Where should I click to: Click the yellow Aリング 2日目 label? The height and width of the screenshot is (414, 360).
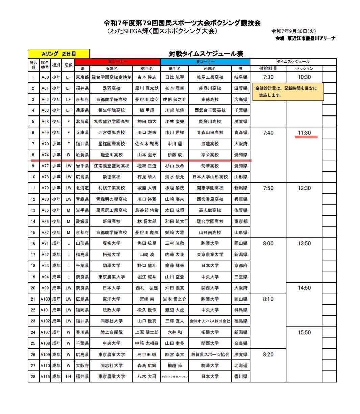pyautogui.click(x=59, y=54)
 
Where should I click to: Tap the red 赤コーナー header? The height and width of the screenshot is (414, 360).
pyautogui.click(x=118, y=62)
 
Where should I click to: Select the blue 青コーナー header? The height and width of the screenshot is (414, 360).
pyautogui.click(x=205, y=62)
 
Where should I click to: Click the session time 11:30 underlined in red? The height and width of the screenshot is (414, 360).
pyautogui.click(x=304, y=133)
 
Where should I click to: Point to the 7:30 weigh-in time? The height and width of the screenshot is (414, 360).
pyautogui.click(x=268, y=77)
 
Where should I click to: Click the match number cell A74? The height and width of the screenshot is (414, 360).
pyautogui.click(x=45, y=155)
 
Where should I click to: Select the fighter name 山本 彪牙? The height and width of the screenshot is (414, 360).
pyautogui.click(x=147, y=155)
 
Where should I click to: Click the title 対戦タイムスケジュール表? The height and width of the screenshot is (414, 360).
pyautogui.click(x=206, y=54)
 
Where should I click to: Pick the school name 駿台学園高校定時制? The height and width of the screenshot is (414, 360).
pyautogui.click(x=111, y=77)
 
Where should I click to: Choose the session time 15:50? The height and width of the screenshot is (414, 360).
pyautogui.click(x=304, y=333)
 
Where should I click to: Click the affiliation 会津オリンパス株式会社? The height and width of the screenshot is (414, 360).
pyautogui.click(x=210, y=321)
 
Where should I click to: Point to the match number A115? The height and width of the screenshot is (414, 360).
pyautogui.click(x=45, y=377)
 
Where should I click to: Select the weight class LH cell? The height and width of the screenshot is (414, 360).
pyautogui.click(x=68, y=377)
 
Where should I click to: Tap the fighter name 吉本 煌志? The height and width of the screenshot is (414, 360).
pyautogui.click(x=147, y=77)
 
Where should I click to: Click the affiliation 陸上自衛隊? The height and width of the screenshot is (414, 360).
pyautogui.click(x=111, y=332)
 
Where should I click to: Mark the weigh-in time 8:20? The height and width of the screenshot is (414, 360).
pyautogui.click(x=268, y=355)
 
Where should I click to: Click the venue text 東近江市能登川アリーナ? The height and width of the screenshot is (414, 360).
pyautogui.click(x=311, y=38)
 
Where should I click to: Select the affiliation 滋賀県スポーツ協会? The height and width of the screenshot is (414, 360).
pyautogui.click(x=210, y=355)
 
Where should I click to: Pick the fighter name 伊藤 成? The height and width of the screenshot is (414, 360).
pyautogui.click(x=174, y=155)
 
